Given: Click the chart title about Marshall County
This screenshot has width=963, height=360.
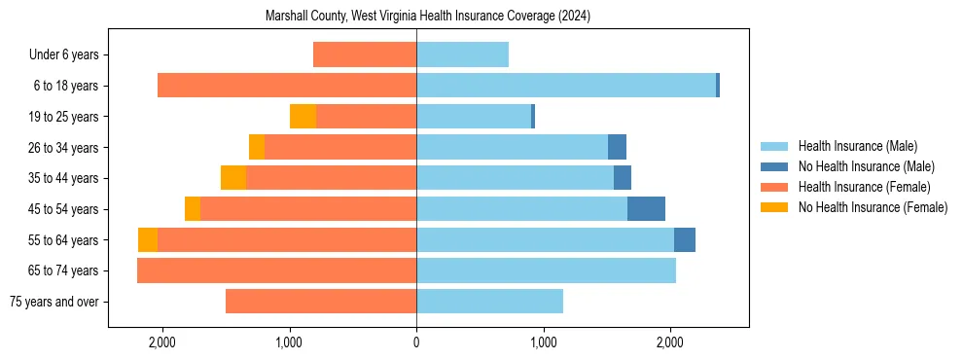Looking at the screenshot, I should coord(428,17).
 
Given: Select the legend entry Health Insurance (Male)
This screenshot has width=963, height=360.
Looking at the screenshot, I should coord(857,146).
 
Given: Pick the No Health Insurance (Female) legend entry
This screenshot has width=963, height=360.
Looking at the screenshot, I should coord(873,207).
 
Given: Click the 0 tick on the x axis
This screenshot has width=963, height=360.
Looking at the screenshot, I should coord(416,342).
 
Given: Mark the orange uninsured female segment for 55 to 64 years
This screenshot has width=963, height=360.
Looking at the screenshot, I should coord(148,240).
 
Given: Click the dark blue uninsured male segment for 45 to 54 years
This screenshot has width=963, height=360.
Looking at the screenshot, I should coord(646,209).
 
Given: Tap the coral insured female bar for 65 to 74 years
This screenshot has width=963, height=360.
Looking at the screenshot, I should coord(277,270).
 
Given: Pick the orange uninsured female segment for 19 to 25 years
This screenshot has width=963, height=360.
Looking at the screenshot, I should coord(303,117).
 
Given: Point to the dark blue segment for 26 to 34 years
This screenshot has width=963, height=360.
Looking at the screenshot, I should coord(617,148).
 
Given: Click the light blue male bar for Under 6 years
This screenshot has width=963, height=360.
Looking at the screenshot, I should coord(462,55).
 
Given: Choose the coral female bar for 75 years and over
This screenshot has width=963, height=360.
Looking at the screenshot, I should coord(321,302).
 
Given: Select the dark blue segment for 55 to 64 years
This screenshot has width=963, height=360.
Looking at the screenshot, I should coord(685,240).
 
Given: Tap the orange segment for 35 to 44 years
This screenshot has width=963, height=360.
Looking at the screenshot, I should coord(233,178).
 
